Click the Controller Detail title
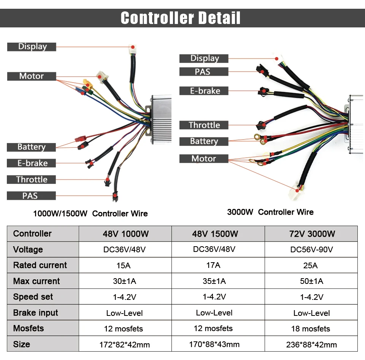pos(181,18)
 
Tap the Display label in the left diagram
pos(32,47)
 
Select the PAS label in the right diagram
pos(203,72)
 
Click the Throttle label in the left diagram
pos(32,179)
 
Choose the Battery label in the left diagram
pos(32,147)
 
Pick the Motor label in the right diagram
pos(203,159)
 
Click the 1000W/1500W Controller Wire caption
pos(90,213)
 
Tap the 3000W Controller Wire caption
pos(270,212)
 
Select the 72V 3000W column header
pos(311,234)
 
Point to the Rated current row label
pos(40,265)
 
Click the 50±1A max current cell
pos(311,281)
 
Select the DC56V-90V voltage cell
pos(311,250)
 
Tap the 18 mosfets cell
pos(311,329)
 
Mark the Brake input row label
pos(35,313)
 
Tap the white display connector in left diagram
pos(133,49)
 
